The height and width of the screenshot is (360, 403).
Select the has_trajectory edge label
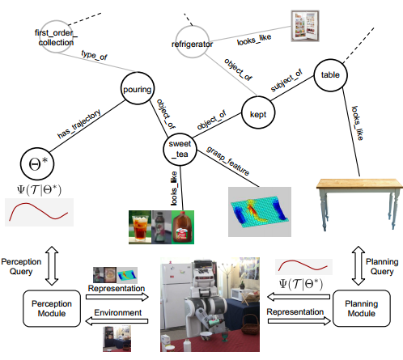[x=79, y=124]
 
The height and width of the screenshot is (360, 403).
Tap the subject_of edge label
[x=286, y=80]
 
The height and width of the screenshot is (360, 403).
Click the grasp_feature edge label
[x=228, y=161]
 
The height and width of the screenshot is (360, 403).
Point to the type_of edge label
[x=94, y=55]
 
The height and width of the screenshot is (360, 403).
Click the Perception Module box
[x=52, y=308]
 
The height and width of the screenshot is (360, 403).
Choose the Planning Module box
[x=362, y=308]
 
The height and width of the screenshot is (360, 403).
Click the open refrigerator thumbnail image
[x=305, y=26]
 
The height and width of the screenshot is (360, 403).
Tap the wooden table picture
[x=359, y=204]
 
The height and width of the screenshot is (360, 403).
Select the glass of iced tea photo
[x=140, y=227]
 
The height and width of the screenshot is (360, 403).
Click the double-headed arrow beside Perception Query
[x=52, y=265]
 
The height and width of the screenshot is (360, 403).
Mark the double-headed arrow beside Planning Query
[x=358, y=265]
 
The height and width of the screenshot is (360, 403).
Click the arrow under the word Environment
[x=117, y=321]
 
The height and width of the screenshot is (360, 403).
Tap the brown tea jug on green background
[x=183, y=227]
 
